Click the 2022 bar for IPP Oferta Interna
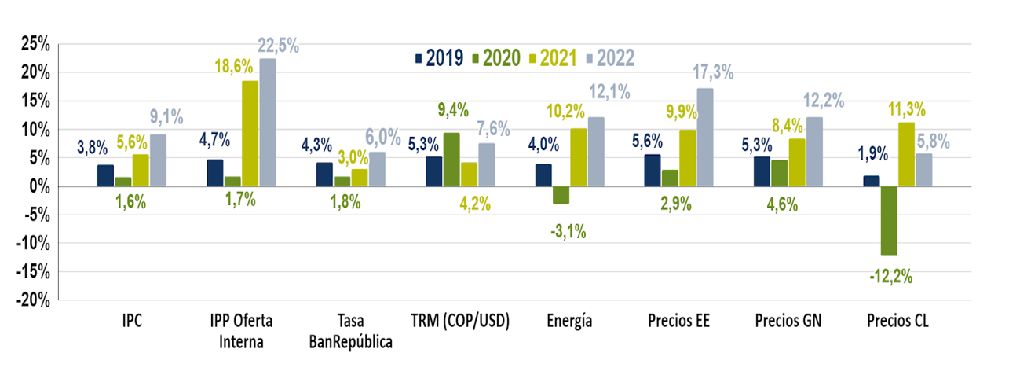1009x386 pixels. (x=267, y=123)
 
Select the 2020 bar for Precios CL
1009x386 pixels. (x=888, y=221)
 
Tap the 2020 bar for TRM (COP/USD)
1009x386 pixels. (x=451, y=160)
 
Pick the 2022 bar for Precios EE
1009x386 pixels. (x=705, y=138)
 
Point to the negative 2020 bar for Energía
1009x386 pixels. (x=561, y=195)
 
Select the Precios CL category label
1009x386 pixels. (x=897, y=321)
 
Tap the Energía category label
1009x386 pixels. (x=569, y=321)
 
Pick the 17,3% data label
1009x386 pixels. (x=713, y=72)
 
